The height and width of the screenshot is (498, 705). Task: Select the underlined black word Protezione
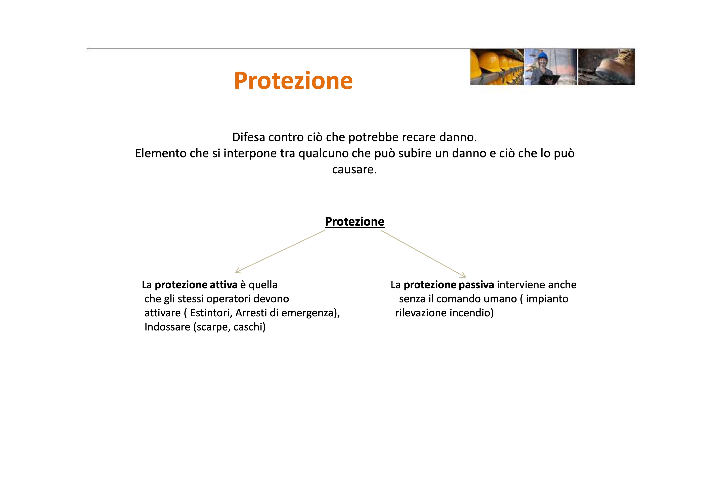pyautogui.click(x=355, y=222)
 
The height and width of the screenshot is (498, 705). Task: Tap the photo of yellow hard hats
pyautogui.click(x=497, y=67)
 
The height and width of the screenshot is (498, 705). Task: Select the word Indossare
pyautogui.click(x=167, y=327)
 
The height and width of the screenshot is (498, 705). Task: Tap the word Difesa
pyautogui.click(x=249, y=137)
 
